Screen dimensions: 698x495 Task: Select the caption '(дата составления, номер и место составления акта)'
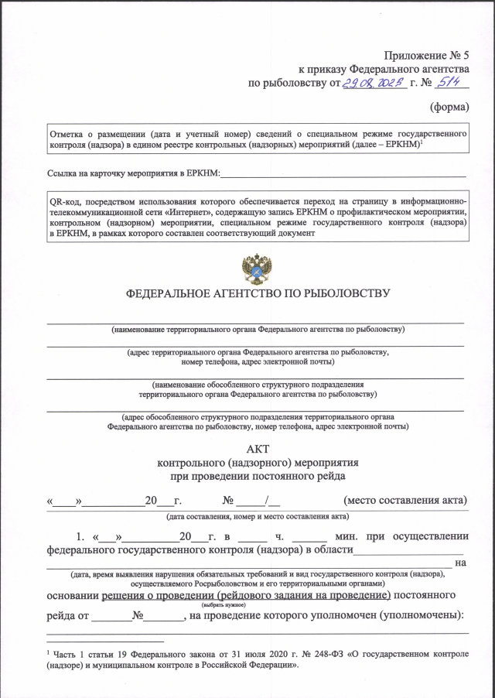(256, 515)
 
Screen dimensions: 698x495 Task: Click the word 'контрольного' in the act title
(190, 462)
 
